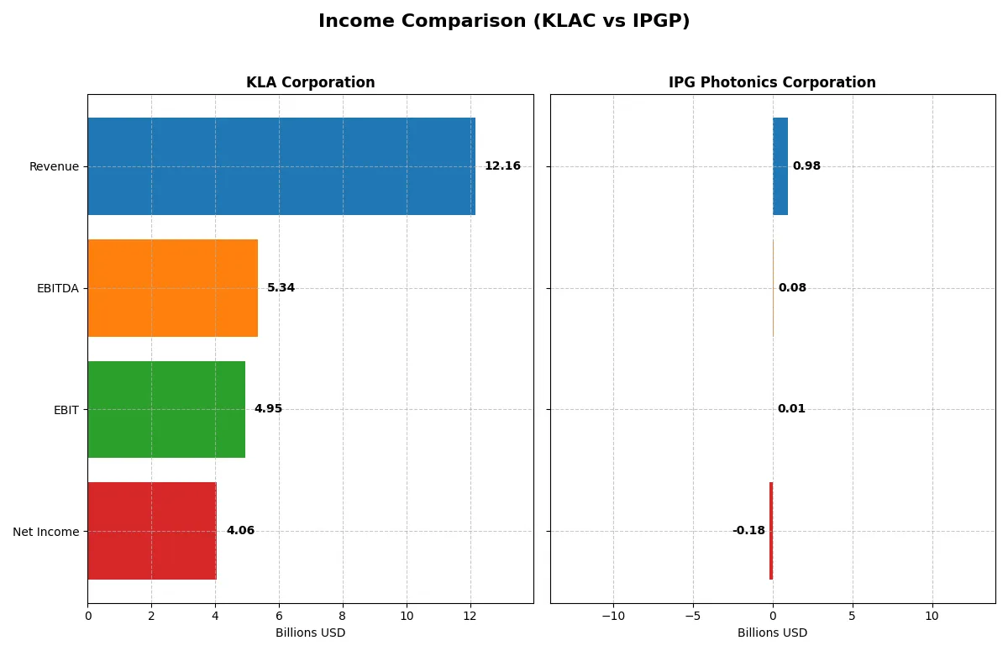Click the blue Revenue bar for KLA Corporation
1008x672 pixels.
[x=281, y=166]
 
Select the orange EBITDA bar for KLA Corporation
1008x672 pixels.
[x=172, y=288]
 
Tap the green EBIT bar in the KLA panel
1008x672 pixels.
[x=166, y=409]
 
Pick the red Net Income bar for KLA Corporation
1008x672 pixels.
[x=152, y=531]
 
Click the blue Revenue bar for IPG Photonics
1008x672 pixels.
[x=780, y=166]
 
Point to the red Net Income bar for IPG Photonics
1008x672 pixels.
[x=771, y=531]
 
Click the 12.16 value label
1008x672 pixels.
[x=502, y=166]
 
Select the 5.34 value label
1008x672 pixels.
[x=281, y=288]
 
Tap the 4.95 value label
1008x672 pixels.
[x=268, y=409]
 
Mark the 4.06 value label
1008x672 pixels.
[x=240, y=531]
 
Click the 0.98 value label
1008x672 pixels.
[x=806, y=166]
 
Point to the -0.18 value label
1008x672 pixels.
[x=748, y=531]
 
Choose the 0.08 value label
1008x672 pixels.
[x=792, y=288]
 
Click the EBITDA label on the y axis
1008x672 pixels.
[x=57, y=288]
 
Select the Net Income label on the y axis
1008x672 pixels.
[x=46, y=532]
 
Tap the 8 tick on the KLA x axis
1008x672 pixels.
[x=343, y=616]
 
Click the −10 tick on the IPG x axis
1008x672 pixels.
[x=613, y=616]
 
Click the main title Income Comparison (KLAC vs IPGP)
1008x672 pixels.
[x=504, y=22]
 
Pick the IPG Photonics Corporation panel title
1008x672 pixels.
[x=772, y=82]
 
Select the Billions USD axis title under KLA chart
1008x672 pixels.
[x=310, y=633]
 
